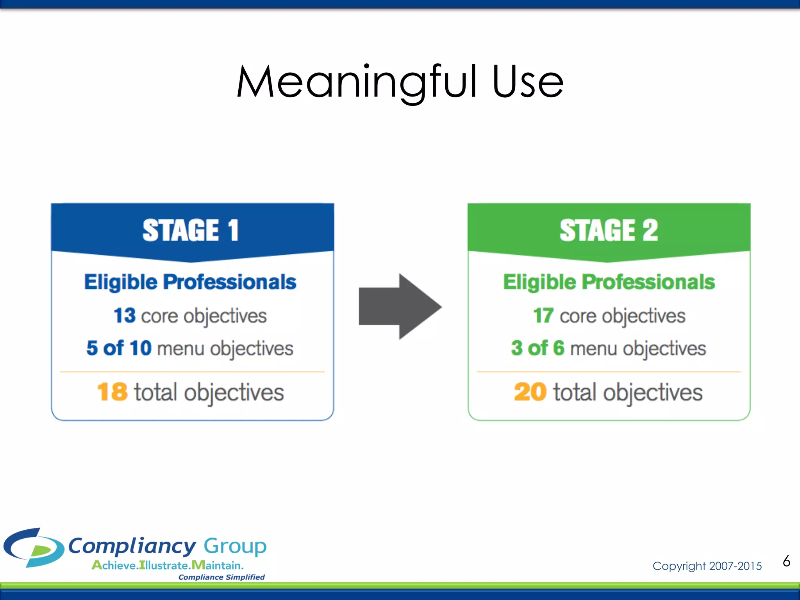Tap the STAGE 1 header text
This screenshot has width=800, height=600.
pos(191,230)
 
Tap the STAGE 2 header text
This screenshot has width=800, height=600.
pos(609,230)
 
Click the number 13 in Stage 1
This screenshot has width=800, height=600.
pos(125,315)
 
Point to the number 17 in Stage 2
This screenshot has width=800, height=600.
pos(543,315)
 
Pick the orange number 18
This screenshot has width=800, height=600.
pos(112,392)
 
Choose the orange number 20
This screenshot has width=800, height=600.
pos(530,392)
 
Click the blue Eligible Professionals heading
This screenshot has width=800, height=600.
pos(190,282)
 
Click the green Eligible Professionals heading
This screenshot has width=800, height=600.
pos(609,282)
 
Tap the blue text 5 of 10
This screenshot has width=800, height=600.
pos(119,348)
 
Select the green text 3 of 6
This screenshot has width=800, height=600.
pos(537,348)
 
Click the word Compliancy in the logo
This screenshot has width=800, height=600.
pos(132,546)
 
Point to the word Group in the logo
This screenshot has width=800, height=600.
pos(235,546)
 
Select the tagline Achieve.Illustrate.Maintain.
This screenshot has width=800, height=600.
pos(168,565)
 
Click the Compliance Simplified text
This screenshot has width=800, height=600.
pos(221,577)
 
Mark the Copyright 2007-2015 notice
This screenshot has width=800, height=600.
pos(707,566)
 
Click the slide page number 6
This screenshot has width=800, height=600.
pos(786,561)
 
